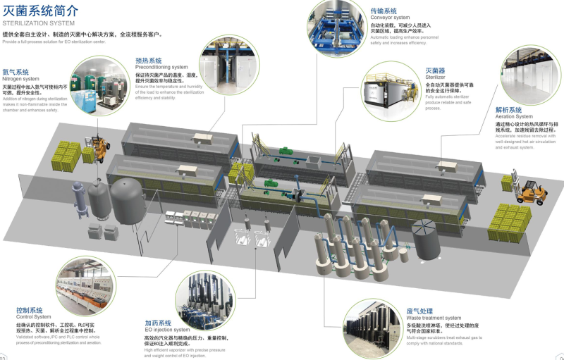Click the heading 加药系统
pos(158,323)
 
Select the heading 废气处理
pos(420,311)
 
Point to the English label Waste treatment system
pos(434,318)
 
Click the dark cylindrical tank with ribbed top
pos(427,238)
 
